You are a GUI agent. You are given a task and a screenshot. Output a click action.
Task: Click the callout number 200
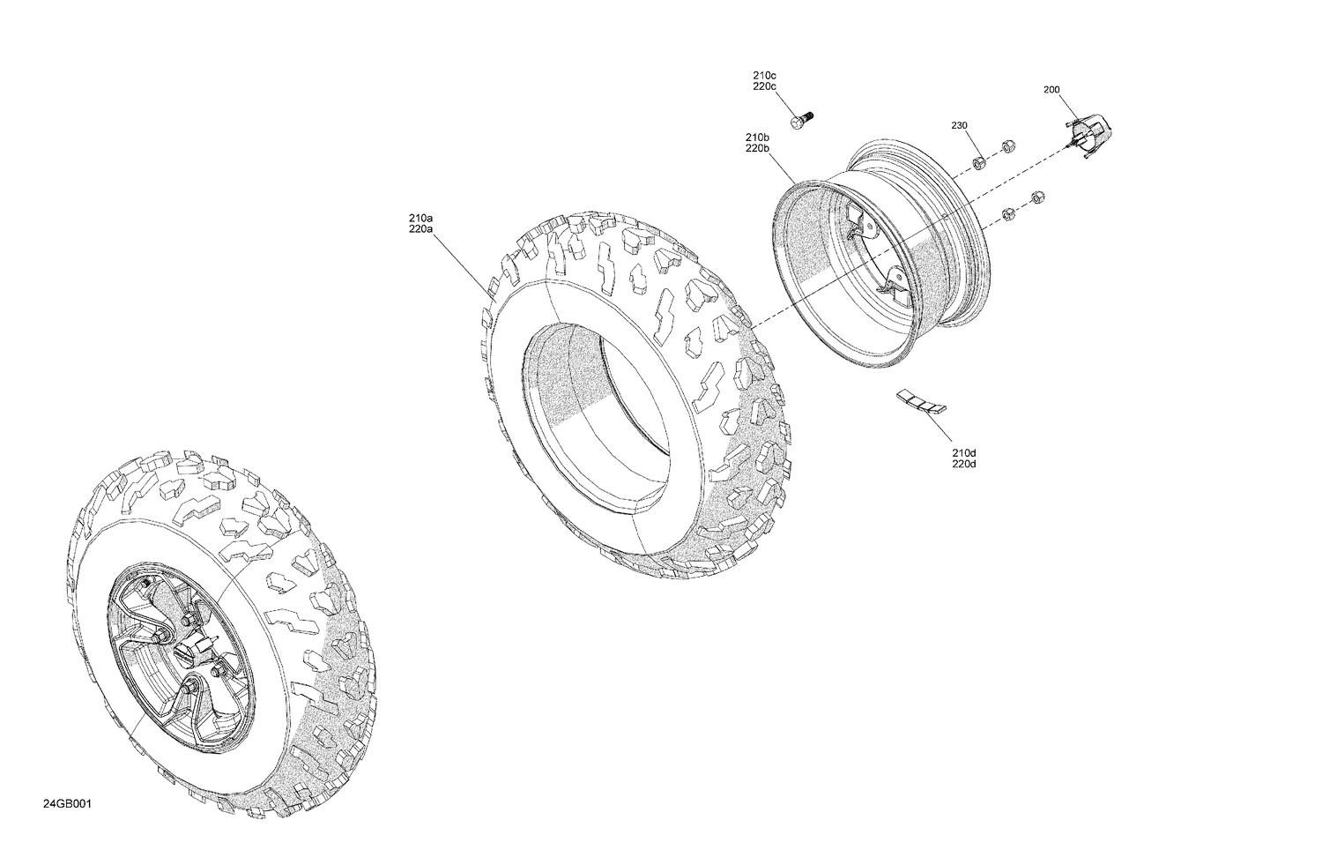[1051, 89]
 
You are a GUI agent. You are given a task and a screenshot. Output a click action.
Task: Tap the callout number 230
[959, 125]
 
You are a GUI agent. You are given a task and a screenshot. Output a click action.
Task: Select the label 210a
[420, 217]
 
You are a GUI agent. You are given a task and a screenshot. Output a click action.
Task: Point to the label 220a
[420, 228]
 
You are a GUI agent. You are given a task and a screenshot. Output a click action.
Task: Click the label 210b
[757, 137]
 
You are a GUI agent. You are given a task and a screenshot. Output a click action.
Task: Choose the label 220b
[757, 148]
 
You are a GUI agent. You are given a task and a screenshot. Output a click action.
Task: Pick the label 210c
[763, 75]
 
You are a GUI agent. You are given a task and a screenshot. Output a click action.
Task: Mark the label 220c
[763, 86]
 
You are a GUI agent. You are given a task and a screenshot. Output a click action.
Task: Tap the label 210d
[963, 452]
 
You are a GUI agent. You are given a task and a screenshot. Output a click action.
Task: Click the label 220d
[963, 464]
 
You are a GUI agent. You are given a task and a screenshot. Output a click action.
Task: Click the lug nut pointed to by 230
[979, 163]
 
